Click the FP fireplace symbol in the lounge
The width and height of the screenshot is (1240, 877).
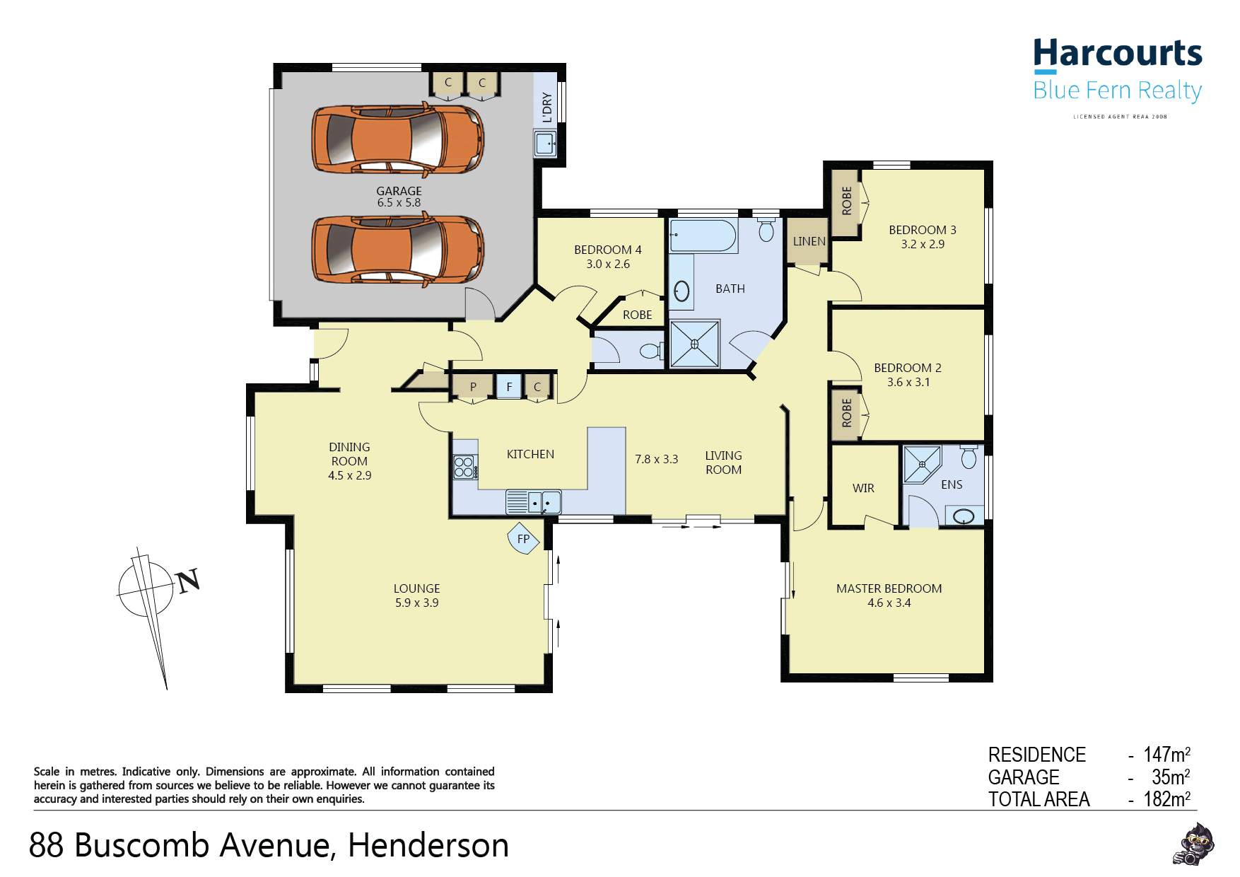[x=523, y=539]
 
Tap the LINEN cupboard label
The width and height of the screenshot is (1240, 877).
[x=809, y=241]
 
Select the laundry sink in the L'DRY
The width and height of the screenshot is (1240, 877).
[x=545, y=144]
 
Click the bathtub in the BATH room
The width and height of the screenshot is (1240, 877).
[x=703, y=236]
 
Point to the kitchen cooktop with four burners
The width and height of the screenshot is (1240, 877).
[x=464, y=467]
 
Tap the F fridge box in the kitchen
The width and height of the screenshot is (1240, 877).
[x=509, y=387]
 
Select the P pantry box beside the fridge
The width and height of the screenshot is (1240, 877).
[x=473, y=387]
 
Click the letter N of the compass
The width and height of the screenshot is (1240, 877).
[x=188, y=581]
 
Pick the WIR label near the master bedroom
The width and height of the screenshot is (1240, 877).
[x=863, y=488]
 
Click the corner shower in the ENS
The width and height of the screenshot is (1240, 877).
[x=921, y=464]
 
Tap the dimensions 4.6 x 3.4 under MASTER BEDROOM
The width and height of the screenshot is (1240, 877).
[x=889, y=603]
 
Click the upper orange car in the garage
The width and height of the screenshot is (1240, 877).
[x=398, y=139]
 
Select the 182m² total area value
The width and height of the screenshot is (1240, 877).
[x=1166, y=799]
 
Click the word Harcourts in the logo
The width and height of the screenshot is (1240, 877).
[x=1117, y=54]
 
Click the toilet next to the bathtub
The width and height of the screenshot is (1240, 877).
[x=766, y=230]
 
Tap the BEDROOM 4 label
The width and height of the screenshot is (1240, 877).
[x=607, y=250]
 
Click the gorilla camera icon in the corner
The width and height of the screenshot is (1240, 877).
[x=1194, y=844]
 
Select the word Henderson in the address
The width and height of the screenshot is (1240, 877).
[x=428, y=845]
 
